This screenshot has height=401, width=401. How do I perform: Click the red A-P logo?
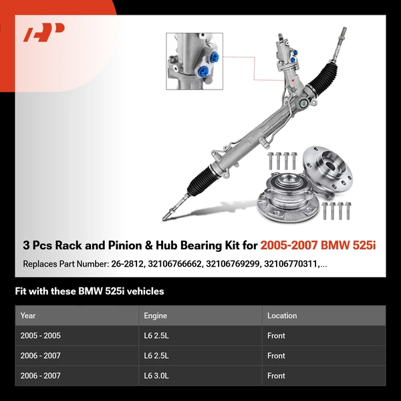coord(44,33)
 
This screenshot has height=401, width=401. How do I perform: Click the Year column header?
coord(28,315)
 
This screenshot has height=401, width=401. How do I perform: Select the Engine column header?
coord(155,315)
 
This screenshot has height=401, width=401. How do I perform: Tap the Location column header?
coord(281,315)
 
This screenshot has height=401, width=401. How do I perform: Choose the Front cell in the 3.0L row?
coord(276,376)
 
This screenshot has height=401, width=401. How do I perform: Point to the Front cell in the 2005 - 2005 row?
coord(276,336)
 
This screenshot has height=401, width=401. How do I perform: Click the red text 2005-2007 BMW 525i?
coord(318,245)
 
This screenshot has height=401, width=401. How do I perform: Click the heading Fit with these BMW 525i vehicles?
coord(90,291)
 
